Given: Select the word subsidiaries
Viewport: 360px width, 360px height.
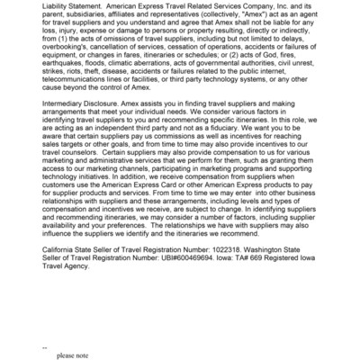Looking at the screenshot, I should tap(91, 20).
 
